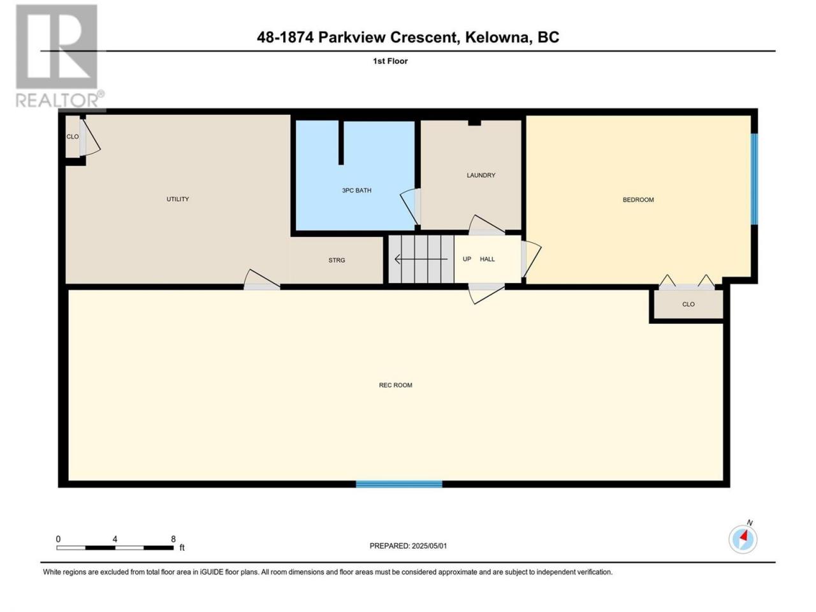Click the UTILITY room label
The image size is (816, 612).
tap(177, 199)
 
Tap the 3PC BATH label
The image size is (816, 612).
tap(356, 190)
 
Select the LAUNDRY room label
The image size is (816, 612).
tap(481, 175)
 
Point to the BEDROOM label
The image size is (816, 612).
tap(638, 200)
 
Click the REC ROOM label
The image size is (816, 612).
tap(395, 385)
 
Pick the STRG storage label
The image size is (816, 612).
tap(337, 260)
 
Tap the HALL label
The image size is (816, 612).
tap(487, 259)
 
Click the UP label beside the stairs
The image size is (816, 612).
tap(467, 259)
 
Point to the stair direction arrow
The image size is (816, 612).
tap(421, 259)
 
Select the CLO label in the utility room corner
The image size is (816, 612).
tap(73, 136)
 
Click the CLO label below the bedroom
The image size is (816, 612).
tap(688, 304)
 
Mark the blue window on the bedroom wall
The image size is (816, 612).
tap(754, 179)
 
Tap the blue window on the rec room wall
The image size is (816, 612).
tap(399, 484)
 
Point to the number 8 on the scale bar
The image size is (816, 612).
tap(173, 539)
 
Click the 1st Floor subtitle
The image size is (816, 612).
tap(390, 61)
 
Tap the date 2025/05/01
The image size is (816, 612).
tap(429, 546)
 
